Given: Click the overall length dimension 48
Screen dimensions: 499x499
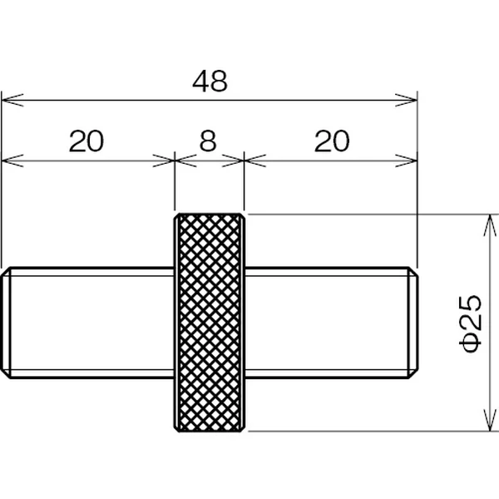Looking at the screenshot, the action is (210, 82).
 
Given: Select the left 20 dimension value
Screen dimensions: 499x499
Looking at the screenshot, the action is (86, 141).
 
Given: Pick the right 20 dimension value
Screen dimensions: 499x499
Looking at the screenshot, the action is (332, 141).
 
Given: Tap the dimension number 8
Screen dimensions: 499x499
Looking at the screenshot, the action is (208, 141).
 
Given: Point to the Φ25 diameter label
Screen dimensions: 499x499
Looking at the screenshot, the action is (470, 324).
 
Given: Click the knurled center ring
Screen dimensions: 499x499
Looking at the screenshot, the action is (210, 323).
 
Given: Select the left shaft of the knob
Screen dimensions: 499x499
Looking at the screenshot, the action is (87, 323).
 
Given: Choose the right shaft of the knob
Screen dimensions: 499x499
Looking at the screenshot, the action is (332, 323).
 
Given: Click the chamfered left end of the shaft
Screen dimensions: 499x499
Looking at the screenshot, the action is (6, 323).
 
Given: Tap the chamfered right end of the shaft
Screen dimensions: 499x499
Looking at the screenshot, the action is (413, 323).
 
